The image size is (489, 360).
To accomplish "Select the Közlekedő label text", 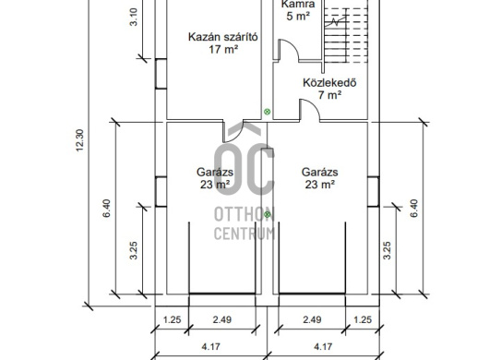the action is pos(329,83).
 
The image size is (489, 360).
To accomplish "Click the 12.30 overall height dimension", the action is pos(80,140).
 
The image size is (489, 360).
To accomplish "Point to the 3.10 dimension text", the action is pos(133,17).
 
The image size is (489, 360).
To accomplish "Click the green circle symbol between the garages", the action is pos(267,214).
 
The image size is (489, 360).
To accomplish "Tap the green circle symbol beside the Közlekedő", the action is pos(267,112).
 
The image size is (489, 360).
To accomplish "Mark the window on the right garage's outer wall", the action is pos(373,192).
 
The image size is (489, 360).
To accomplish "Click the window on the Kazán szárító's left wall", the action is pos(161,74).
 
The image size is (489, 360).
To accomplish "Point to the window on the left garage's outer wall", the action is pos(161,192).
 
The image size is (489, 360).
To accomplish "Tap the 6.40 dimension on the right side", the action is pos(414,209).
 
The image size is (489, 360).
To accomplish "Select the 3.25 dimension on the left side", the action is pos(133,250).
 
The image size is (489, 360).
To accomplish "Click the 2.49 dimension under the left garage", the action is pos(222,319).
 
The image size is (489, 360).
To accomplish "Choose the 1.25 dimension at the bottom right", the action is pos(363,319).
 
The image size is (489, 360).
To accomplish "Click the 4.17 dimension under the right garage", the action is pos(323,346).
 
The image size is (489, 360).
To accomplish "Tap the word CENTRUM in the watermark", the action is pos(244,234).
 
